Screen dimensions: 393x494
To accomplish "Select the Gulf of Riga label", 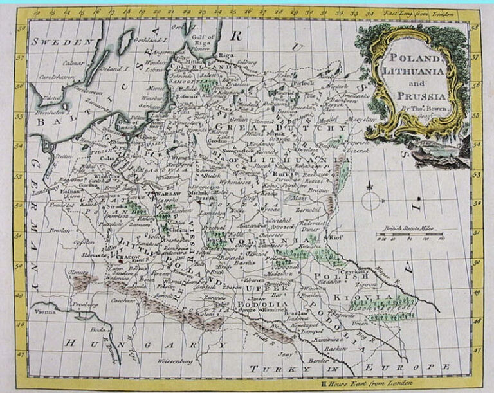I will (x=201, y=41).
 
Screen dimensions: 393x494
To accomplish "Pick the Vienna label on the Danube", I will (x=46, y=311).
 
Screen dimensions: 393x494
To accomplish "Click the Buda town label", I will (x=99, y=328).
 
